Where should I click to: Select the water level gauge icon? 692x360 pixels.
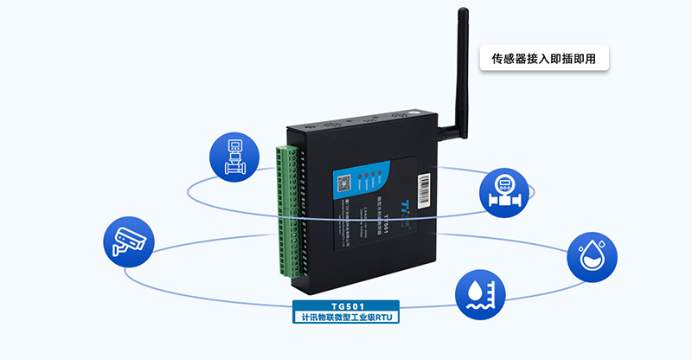point(480,294)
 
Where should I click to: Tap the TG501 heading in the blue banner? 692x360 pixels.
point(346,306)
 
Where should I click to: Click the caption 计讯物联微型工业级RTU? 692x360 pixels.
point(346,318)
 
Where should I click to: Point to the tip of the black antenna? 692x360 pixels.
point(464,13)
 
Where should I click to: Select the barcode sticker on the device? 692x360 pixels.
point(423,190)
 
